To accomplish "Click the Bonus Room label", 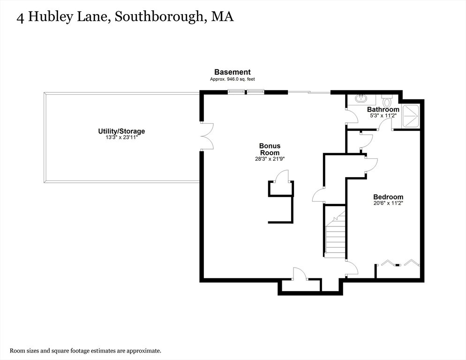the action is pyautogui.click(x=270, y=149).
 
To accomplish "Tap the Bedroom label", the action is pyautogui.click(x=388, y=197).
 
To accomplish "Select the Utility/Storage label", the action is pyautogui.click(x=121, y=131).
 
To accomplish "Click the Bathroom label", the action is pyautogui.click(x=383, y=109).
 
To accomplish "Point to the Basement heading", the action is pyautogui.click(x=233, y=72).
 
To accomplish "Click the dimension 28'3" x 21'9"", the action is pyautogui.click(x=270, y=159).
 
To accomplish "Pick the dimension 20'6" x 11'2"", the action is pyautogui.click(x=388, y=203).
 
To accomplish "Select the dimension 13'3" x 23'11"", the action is pyautogui.click(x=121, y=138).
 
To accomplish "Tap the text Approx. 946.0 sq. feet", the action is pyautogui.click(x=233, y=79).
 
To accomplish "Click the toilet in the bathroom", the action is pyautogui.click(x=387, y=101).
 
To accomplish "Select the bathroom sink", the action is pyautogui.click(x=361, y=99).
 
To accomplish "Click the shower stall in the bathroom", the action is pyautogui.click(x=410, y=117).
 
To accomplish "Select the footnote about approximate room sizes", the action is pyautogui.click(x=86, y=351).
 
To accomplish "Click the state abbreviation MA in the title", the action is pyautogui.click(x=222, y=16).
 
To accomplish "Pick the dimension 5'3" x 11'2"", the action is pyautogui.click(x=383, y=116).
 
